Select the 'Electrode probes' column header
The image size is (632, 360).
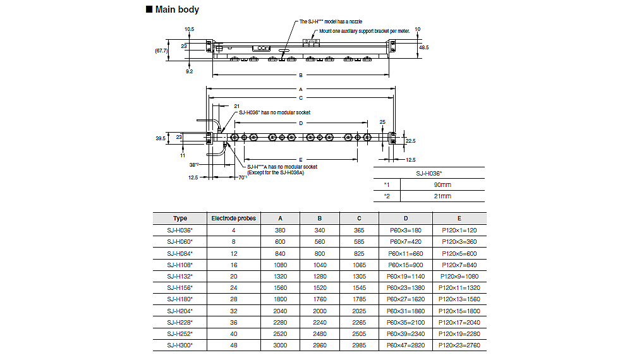click(x=233, y=219)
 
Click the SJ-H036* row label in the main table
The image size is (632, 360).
click(x=180, y=230)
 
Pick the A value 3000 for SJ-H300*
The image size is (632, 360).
click(x=281, y=345)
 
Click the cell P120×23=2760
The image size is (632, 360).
click(x=459, y=345)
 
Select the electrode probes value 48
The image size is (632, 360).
click(x=233, y=345)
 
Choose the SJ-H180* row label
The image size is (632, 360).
click(x=180, y=299)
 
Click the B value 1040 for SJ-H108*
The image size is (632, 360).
click(x=320, y=265)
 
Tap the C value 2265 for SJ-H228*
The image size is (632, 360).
click(x=359, y=322)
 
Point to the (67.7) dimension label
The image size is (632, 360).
click(x=161, y=51)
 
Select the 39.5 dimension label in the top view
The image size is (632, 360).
click(x=160, y=138)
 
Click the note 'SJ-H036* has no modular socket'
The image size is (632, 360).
click(x=273, y=112)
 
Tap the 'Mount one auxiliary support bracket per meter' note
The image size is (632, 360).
click(x=365, y=30)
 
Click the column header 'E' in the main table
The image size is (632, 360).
click(x=459, y=219)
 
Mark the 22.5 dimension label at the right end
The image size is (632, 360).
click(x=411, y=141)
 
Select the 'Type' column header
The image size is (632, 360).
click(x=180, y=219)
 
